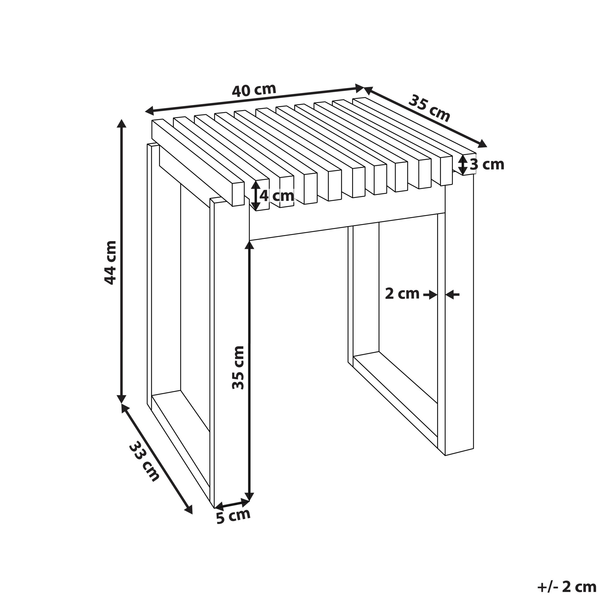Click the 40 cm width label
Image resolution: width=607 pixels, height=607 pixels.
click(254, 90)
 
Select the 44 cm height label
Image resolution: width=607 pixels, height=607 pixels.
click(110, 263)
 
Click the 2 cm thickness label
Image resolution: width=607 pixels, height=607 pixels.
click(402, 294)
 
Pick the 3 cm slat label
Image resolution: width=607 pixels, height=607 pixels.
click(487, 164)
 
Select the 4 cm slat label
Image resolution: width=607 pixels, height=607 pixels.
click(276, 196)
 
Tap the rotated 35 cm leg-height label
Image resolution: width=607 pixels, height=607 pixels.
click(238, 367)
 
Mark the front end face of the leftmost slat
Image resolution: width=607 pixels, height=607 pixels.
click(238, 194)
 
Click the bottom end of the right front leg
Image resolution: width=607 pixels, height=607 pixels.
click(459, 451)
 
